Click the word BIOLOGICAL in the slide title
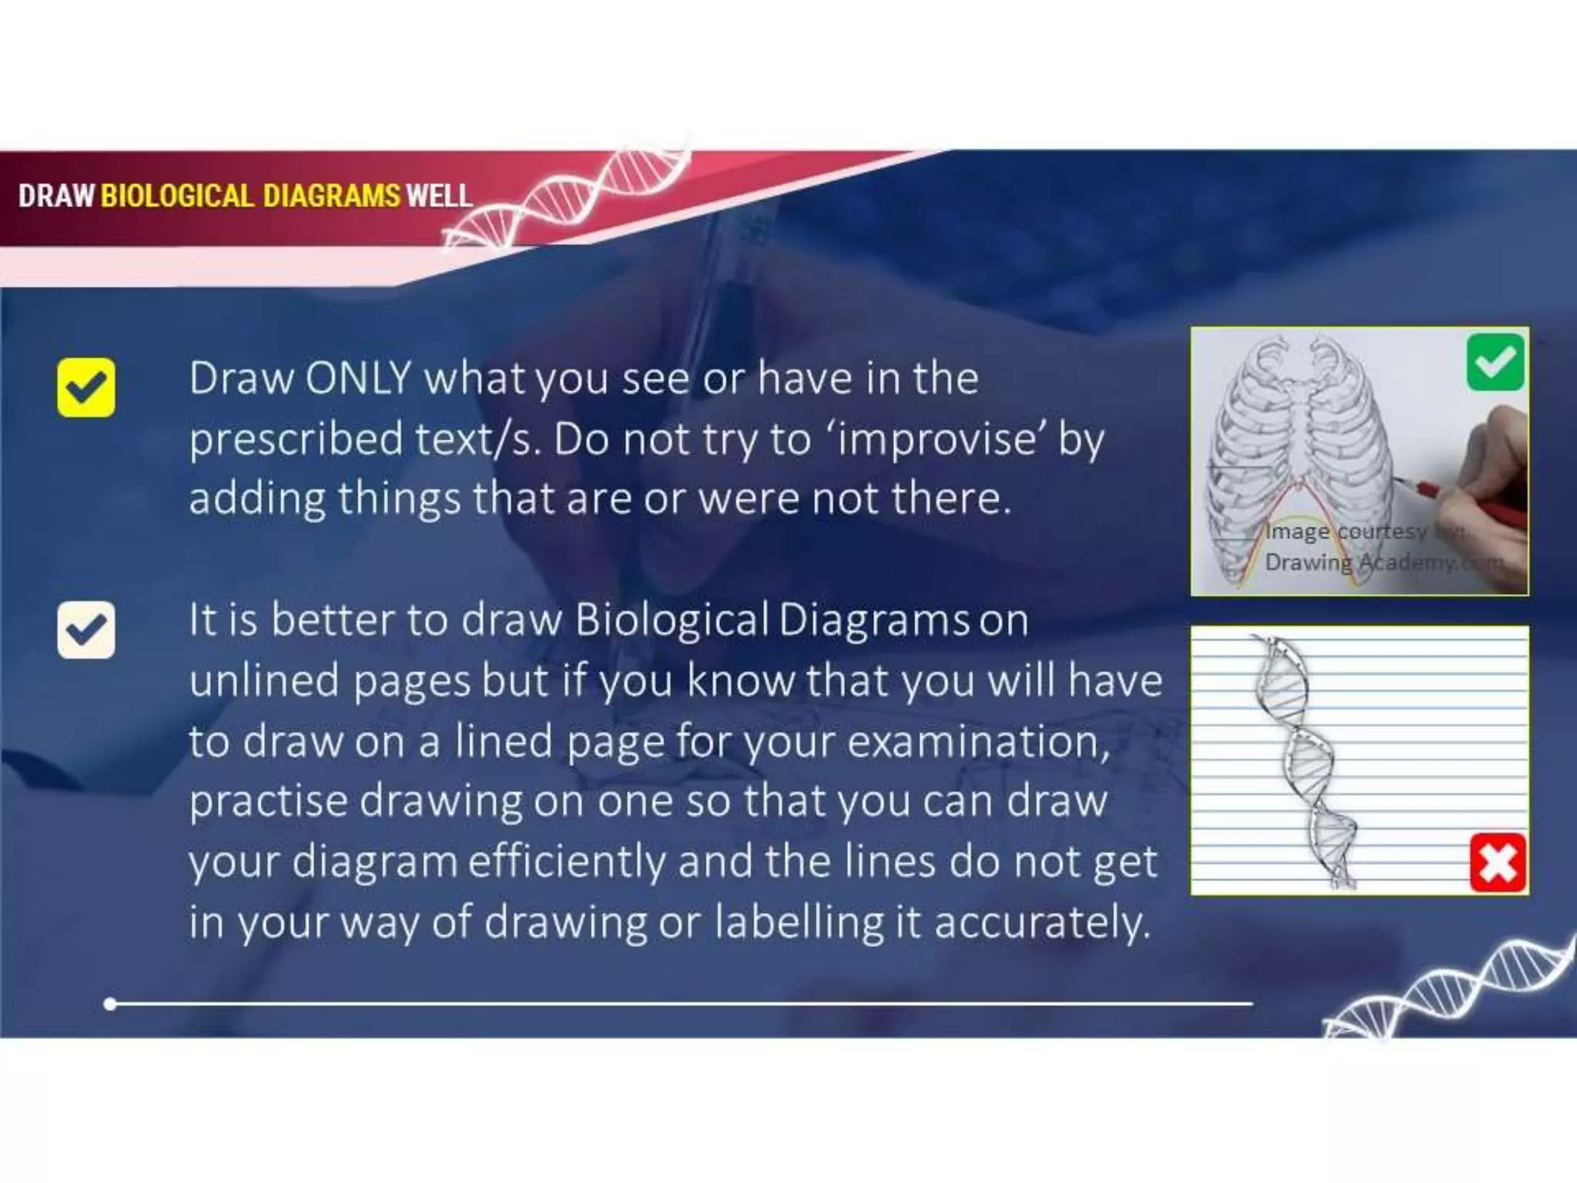[x=176, y=196]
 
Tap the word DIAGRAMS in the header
[x=331, y=196]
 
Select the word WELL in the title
[x=439, y=196]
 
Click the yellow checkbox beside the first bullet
[x=86, y=387]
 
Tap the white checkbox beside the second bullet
[x=86, y=630]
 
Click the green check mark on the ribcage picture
[x=1495, y=362]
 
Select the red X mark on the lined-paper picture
[x=1498, y=862]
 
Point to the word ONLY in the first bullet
[x=358, y=379]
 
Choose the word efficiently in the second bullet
[x=567, y=861]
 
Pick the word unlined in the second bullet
[x=265, y=681]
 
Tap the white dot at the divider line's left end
[x=110, y=1004]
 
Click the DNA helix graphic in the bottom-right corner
[x=1448, y=990]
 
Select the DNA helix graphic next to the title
[x=570, y=200]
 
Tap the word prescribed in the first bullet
[x=296, y=439]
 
